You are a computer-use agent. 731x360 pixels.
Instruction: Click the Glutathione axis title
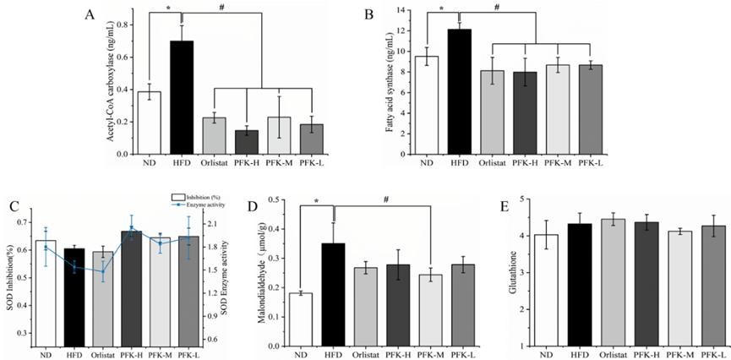(503, 274)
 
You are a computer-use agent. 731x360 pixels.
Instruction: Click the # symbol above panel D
(385, 199)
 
